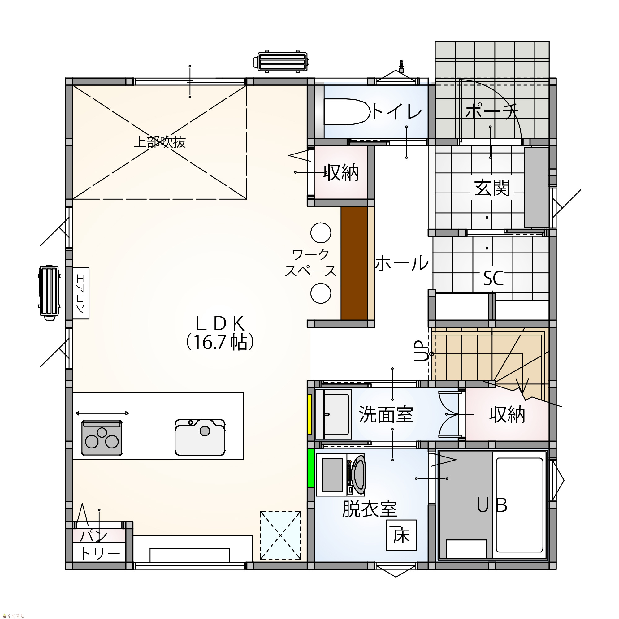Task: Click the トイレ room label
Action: [397, 112]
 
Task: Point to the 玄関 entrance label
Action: [492, 188]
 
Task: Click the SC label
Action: [493, 278]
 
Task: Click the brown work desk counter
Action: [354, 263]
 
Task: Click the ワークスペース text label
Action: [310, 263]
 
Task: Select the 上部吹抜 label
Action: [160, 142]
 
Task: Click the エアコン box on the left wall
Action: [81, 293]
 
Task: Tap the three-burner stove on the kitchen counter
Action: [102, 438]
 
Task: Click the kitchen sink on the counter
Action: [200, 437]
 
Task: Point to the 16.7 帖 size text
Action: [220, 343]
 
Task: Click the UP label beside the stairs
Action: [421, 351]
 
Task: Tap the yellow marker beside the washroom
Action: [309, 414]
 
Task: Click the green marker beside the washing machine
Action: [310, 468]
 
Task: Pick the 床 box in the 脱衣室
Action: [401, 535]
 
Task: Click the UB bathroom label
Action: [492, 505]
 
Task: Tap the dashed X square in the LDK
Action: [280, 535]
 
